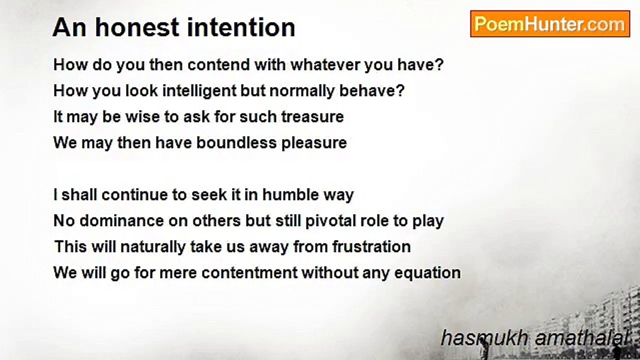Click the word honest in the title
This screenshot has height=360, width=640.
[136, 27]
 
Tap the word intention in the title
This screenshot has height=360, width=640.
[241, 27]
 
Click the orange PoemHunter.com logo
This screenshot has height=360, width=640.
[550, 24]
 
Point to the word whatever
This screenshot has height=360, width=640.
[325, 65]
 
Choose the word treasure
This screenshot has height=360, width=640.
[312, 117]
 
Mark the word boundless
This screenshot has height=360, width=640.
[236, 142]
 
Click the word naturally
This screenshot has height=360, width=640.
[153, 247]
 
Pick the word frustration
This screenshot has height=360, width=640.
[371, 246]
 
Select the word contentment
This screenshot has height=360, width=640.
[249, 273]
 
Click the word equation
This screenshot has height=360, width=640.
[427, 273]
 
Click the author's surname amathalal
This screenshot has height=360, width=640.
[581, 338]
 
